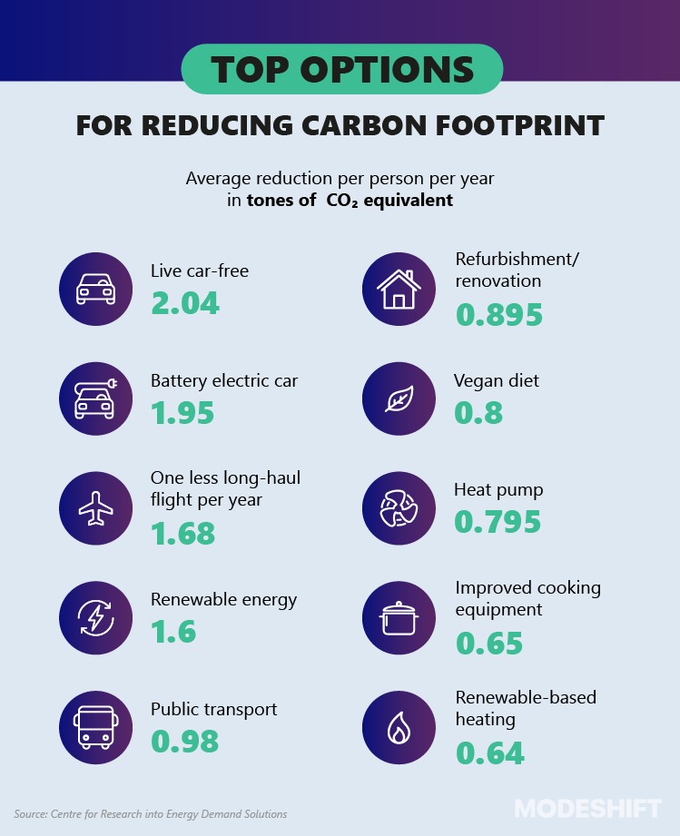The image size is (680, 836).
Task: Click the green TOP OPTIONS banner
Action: [x=341, y=69]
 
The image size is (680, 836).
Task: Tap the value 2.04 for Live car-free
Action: [x=185, y=302]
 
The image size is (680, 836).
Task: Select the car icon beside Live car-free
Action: [x=95, y=288]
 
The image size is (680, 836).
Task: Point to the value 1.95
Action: [x=182, y=413]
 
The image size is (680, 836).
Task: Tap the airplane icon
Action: [x=95, y=509]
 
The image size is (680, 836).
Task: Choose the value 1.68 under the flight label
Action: [x=183, y=533]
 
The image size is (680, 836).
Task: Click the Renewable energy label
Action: [x=223, y=600]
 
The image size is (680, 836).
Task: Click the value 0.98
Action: [x=185, y=741]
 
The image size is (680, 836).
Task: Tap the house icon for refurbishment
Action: [x=399, y=290]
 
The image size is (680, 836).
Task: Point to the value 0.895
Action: [x=498, y=314]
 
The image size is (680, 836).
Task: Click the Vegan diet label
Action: [x=497, y=381]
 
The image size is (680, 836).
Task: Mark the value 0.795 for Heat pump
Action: [x=498, y=522]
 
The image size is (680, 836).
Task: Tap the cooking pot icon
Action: [x=399, y=618]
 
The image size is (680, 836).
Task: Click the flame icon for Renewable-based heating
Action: [x=399, y=727]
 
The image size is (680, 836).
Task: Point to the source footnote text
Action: [x=150, y=814]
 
